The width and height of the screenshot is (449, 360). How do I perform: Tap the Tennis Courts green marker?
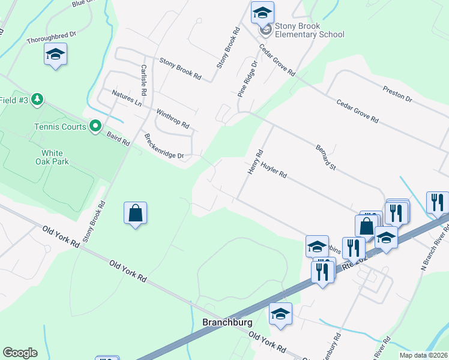[95, 126]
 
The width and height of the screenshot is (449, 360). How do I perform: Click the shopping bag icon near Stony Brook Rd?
[136, 213]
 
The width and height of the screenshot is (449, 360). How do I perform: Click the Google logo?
[20, 353]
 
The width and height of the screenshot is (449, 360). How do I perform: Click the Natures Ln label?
[127, 98]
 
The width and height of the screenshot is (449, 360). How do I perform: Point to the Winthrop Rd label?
[173, 119]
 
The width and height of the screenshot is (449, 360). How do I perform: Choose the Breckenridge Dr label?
[164, 146]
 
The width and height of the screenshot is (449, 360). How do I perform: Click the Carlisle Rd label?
[143, 80]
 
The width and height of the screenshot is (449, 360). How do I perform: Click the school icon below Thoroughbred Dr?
[55, 55]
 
